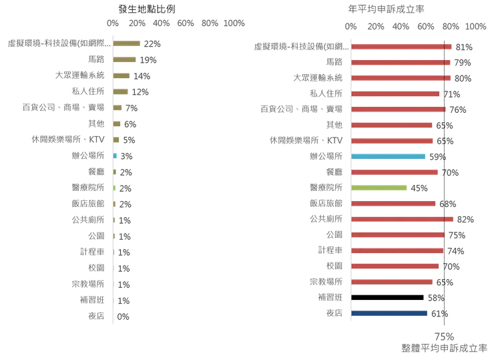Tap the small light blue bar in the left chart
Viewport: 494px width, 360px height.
tap(116, 155)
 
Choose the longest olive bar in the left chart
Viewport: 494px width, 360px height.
tap(128, 43)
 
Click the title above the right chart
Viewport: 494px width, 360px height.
tap(387, 8)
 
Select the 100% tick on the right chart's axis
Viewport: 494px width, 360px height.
tap(472, 27)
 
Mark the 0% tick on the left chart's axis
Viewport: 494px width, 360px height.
tap(113, 23)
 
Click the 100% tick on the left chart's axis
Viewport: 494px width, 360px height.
tap(234, 23)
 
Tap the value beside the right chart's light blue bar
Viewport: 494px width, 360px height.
tap(436, 156)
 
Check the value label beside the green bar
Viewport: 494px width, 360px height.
tap(417, 188)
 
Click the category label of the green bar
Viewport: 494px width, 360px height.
tap(328, 188)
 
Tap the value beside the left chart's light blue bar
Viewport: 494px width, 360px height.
tap(125, 155)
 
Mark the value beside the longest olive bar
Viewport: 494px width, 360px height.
tap(154, 43)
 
